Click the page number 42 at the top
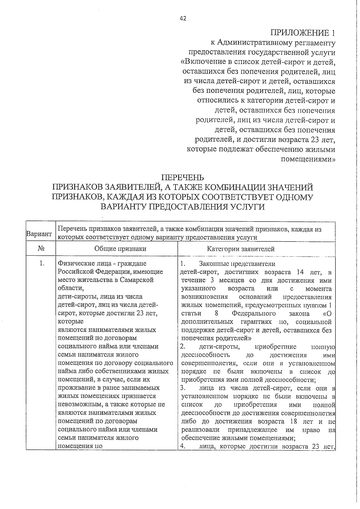pyautogui.click(x=183, y=19)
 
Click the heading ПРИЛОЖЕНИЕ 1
pyautogui.click(x=303, y=32)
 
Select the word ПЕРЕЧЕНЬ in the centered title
pyautogui.click(x=183, y=178)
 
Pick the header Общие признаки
pyautogui.click(x=120, y=249)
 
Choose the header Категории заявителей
pyautogui.click(x=241, y=249)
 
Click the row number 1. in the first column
pyautogui.click(x=42, y=264)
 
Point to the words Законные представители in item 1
pyautogui.click(x=237, y=264)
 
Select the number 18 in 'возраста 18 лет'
pyautogui.click(x=294, y=421)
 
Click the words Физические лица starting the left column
pyautogui.click(x=79, y=264)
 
